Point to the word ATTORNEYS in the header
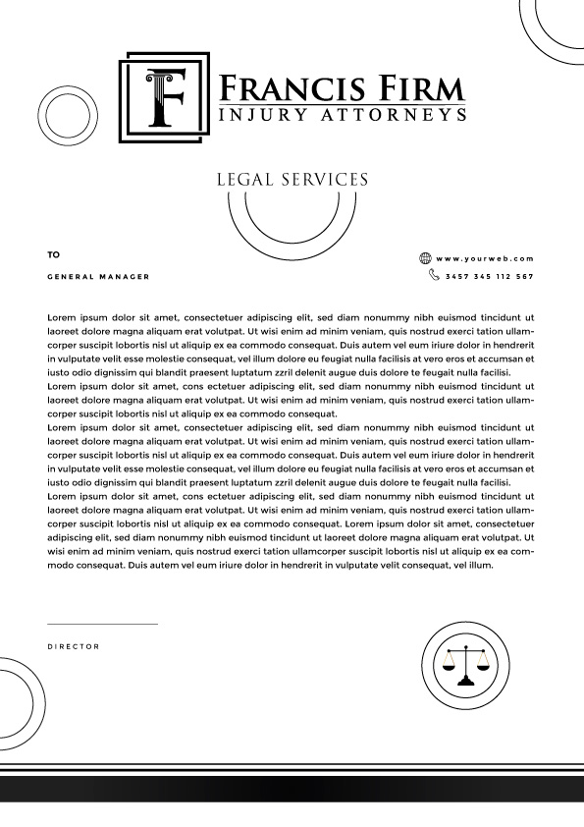coord(392,116)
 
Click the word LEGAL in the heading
coord(244,180)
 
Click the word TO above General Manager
coord(53,254)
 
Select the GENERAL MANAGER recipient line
coord(98,277)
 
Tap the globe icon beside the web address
coord(425,258)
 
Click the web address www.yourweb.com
coord(485,258)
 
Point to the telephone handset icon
coord(434,276)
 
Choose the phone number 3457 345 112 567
coord(489,277)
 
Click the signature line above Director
coord(102,624)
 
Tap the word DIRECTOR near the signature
coord(74,646)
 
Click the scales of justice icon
coord(465,664)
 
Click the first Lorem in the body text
coord(60,318)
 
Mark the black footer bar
coord(292,789)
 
